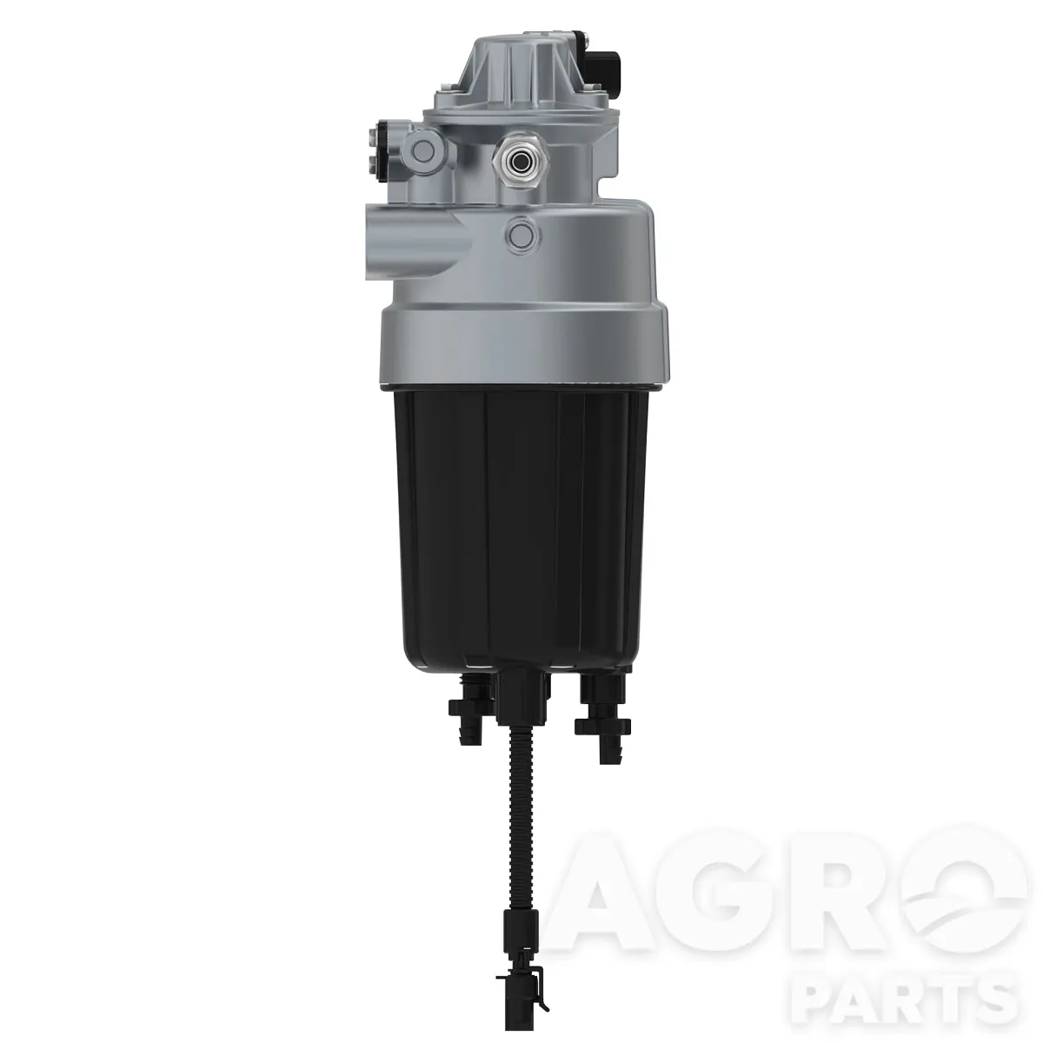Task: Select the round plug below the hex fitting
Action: click(521, 234)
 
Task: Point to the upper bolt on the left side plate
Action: click(374, 135)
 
